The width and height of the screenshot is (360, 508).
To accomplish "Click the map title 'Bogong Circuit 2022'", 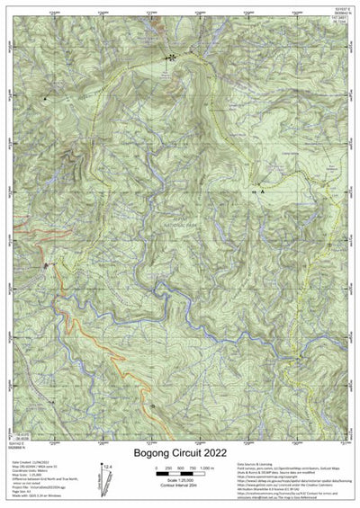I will (179, 454).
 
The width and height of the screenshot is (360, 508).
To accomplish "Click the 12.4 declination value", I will (108, 468).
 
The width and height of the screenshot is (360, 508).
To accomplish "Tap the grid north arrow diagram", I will (107, 484).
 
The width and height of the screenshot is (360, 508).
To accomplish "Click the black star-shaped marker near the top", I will (170, 57).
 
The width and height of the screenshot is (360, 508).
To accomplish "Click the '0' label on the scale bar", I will (157, 469).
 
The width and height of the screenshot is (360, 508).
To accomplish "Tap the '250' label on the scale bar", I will (169, 469).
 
